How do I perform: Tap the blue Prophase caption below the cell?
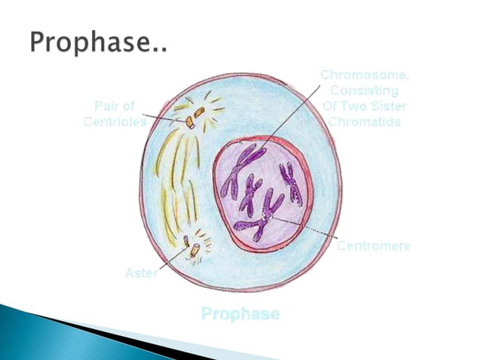(x=240, y=313)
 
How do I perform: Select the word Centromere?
(x=373, y=246)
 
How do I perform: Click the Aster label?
(x=141, y=273)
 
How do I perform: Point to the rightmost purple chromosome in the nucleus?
(x=290, y=183)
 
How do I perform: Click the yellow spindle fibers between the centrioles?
(x=174, y=181)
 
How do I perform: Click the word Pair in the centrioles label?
(x=109, y=106)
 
